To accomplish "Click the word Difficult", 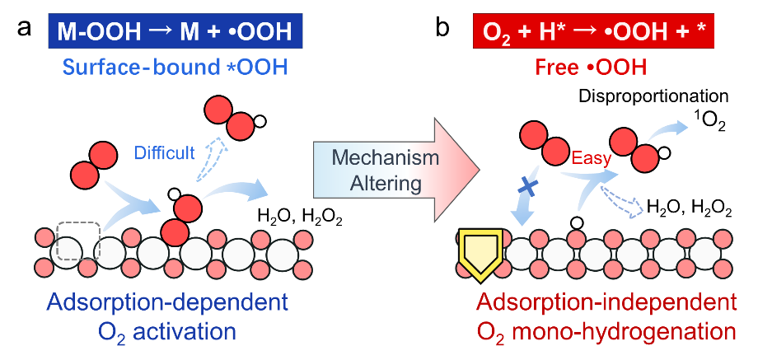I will (x=166, y=152).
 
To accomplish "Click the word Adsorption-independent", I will (x=606, y=302).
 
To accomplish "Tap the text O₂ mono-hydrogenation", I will (x=606, y=332).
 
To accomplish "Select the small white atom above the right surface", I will (x=577, y=222).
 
